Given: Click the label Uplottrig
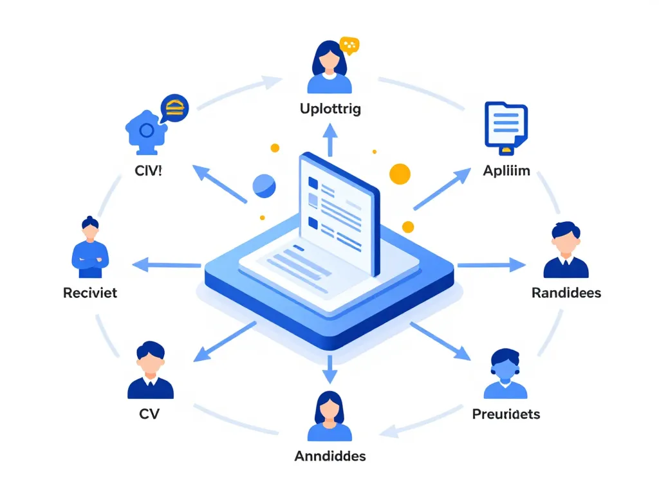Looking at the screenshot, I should click(x=330, y=109).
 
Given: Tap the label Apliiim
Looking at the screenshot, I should click(x=506, y=172).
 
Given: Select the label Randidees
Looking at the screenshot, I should click(x=566, y=293).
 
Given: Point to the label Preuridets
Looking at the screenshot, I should click(x=506, y=414).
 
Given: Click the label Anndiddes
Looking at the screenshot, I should click(x=330, y=456).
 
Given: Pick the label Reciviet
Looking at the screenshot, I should click(x=90, y=293).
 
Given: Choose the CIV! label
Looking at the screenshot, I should click(x=148, y=172).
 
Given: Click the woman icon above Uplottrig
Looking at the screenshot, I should click(x=329, y=67).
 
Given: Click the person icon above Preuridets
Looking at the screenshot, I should click(x=505, y=374).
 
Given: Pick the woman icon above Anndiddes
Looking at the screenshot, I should click(x=329, y=416).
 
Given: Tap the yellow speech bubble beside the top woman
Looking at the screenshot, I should click(x=349, y=45).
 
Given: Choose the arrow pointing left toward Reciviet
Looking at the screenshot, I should click(x=167, y=264).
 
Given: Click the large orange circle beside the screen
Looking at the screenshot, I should click(x=400, y=174).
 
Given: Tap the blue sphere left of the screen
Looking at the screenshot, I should click(x=264, y=186).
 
